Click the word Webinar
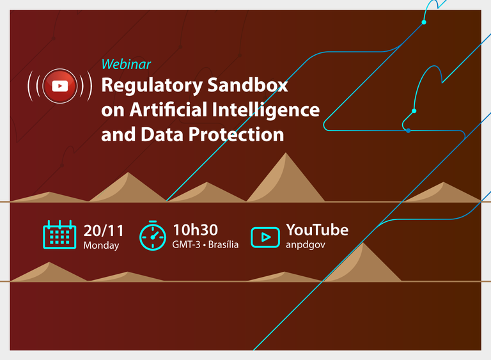126,64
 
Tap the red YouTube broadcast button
60,86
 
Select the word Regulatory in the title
152,86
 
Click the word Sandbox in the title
247,84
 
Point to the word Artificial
168,109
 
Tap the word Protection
236,134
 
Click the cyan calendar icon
59,235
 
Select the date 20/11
104,231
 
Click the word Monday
101,245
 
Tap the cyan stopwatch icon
153,235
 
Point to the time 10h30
196,230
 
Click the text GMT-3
186,244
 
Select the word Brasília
223,244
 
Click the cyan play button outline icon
265,237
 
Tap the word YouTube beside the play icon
317,230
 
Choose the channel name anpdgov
306,245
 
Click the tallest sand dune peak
286,153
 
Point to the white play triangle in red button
60,86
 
